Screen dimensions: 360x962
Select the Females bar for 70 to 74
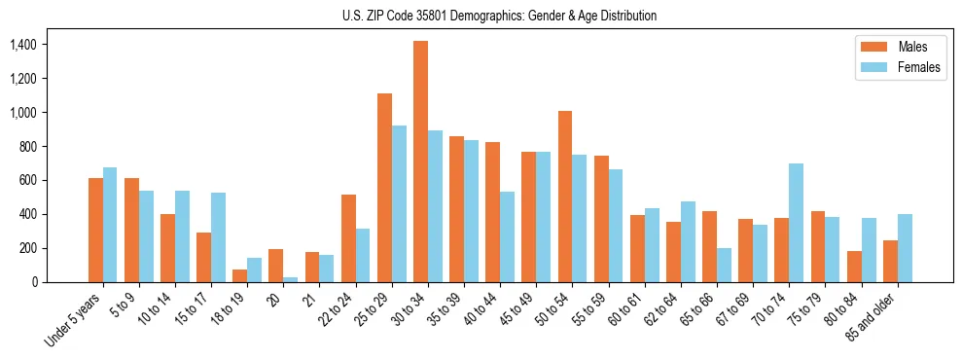[796, 223]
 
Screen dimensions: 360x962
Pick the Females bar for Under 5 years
[110, 225]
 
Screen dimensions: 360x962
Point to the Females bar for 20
[290, 279]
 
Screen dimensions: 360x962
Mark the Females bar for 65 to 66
[724, 265]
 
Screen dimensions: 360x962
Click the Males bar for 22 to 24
[348, 238]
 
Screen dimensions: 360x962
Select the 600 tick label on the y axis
[26, 180]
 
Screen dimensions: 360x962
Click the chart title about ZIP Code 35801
[499, 16]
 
